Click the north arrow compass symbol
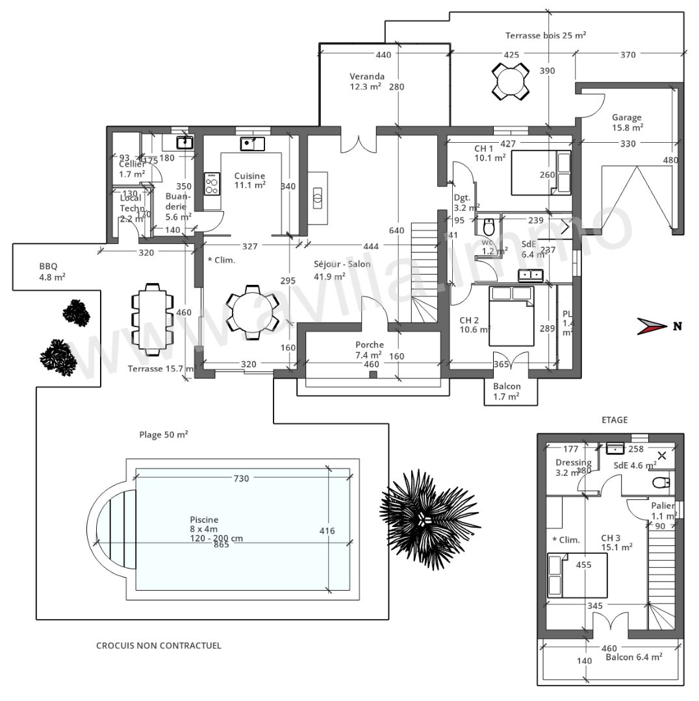pos(652,326)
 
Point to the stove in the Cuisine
pos(212,184)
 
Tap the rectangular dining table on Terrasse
pos(152,319)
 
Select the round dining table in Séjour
pos(252,312)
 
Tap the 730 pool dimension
pos(241,478)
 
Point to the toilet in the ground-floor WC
pos(489,227)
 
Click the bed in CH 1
pos(541,173)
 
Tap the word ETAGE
pos(614,420)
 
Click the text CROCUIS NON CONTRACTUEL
pos(159,645)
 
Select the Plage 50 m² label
pos(164,434)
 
